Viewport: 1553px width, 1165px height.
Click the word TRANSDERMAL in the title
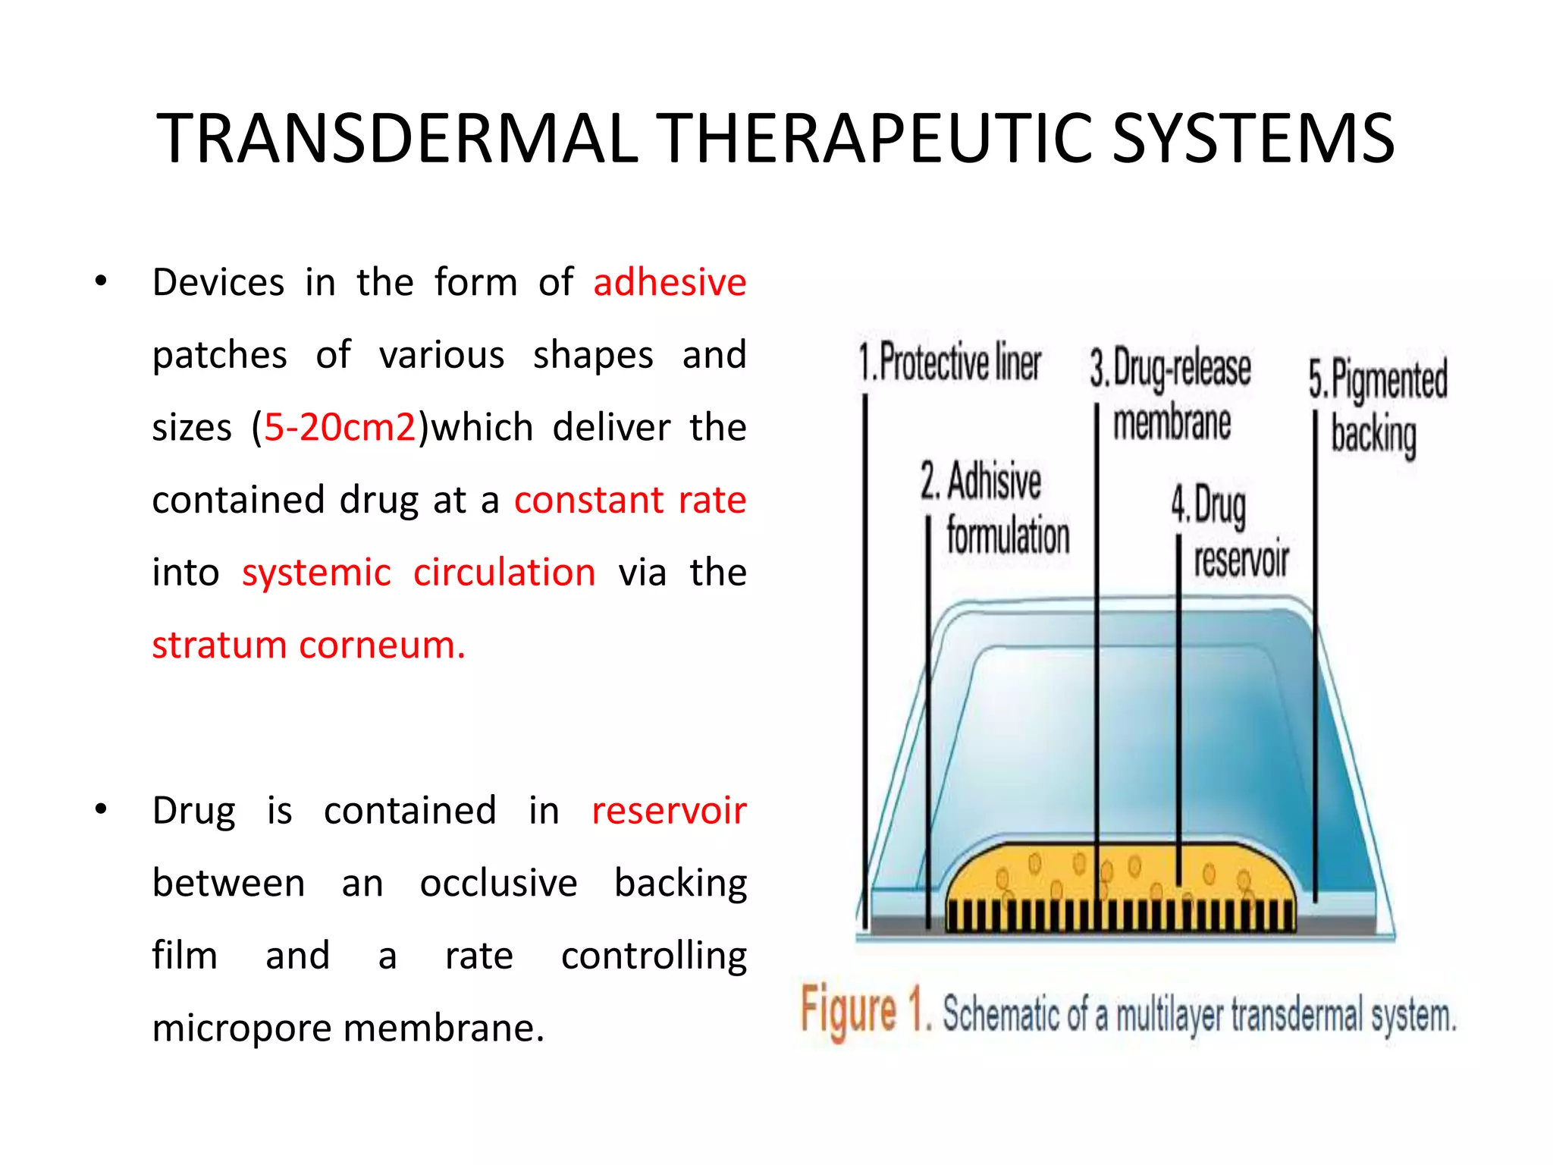coord(397,139)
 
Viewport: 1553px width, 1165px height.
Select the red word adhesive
coord(670,282)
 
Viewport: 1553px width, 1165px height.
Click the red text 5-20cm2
coord(340,427)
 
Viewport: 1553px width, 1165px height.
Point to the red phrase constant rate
coord(630,500)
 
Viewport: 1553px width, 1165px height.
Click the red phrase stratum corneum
coord(308,645)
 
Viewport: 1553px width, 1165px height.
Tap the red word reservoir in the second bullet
coord(669,810)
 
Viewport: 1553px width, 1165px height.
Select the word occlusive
coord(498,883)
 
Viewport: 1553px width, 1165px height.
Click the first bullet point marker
coord(101,282)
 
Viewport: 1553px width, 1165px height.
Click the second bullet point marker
coord(101,810)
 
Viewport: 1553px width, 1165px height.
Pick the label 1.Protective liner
coord(949,363)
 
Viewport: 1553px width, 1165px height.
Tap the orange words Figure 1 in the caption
coord(864,1011)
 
